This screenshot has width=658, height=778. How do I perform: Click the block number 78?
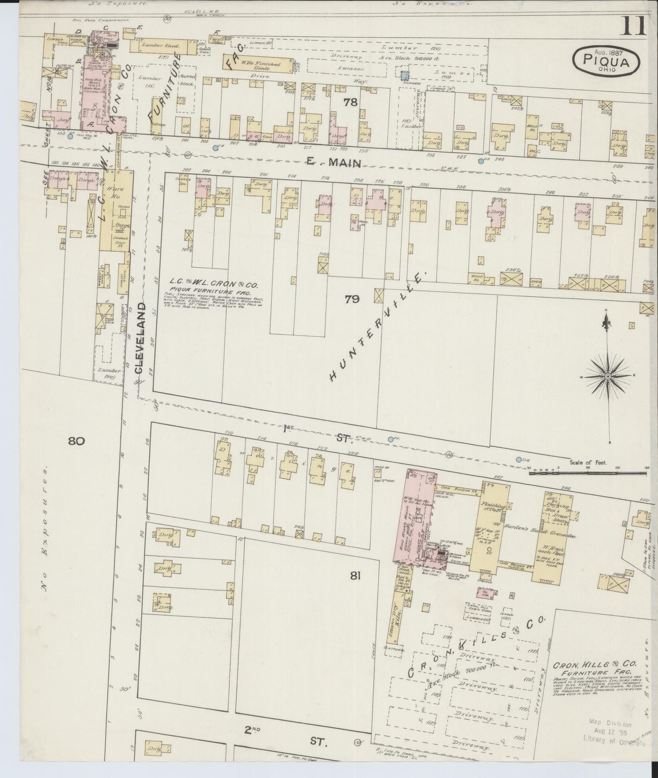(x=350, y=102)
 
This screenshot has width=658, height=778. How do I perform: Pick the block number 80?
(x=77, y=440)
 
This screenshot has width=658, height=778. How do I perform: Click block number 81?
(x=356, y=576)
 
